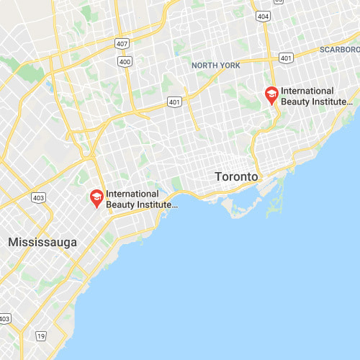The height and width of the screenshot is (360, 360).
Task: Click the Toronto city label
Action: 236,176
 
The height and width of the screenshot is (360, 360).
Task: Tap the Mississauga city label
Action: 42,243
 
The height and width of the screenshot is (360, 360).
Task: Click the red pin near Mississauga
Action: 96,197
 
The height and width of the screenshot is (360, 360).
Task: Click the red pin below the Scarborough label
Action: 271,94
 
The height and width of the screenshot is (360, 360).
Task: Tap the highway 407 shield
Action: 122,45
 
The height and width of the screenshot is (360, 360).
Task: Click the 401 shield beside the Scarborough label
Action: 287,58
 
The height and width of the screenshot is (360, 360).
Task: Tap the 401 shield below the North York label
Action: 174,102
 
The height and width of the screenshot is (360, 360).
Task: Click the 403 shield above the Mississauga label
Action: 39,197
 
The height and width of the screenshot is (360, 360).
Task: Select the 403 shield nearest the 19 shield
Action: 4,318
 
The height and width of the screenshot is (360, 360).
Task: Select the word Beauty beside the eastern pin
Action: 296,102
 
